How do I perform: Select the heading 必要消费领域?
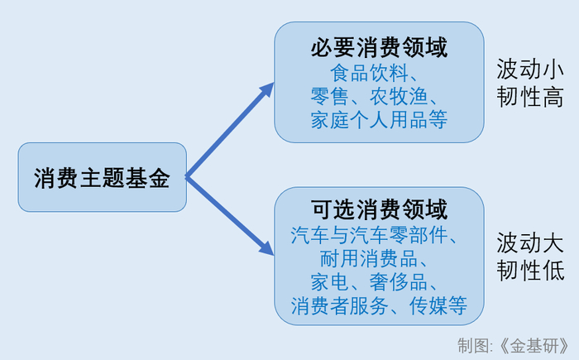pyautogui.click(x=379, y=48)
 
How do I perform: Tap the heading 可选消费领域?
pyautogui.click(x=379, y=208)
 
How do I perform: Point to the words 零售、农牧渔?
pyautogui.click(x=379, y=95)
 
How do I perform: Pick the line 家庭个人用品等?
pyautogui.click(x=379, y=119)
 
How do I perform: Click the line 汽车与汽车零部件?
pyautogui.click(x=379, y=235)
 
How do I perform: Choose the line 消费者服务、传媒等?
pyautogui.click(x=379, y=306)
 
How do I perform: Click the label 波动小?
pyautogui.click(x=530, y=68)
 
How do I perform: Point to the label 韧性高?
pyautogui.click(x=530, y=98)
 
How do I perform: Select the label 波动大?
pyautogui.click(x=530, y=242)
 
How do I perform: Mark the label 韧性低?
pyautogui.click(x=530, y=271)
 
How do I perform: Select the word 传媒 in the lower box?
pyautogui.click(x=430, y=306)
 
